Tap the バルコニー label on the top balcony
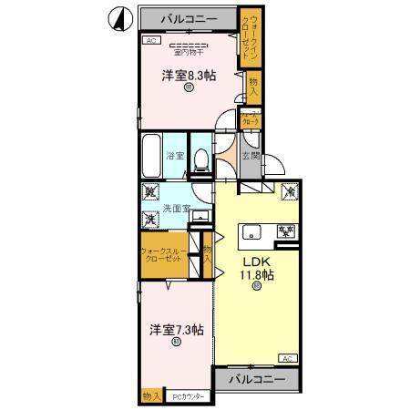(190, 18)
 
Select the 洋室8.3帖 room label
(188, 77)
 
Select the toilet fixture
(202, 158)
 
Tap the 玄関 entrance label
(251, 156)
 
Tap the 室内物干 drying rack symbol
(190, 46)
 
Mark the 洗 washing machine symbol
(149, 220)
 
